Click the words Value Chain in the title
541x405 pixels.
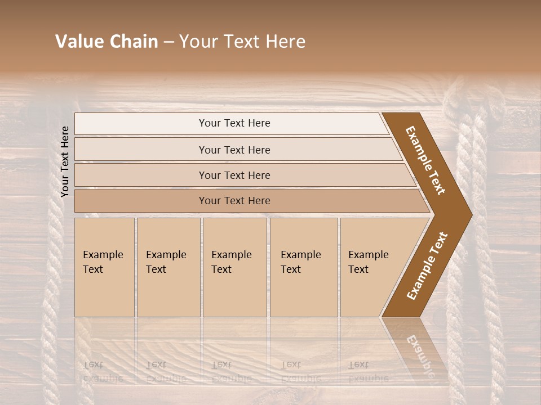(107, 42)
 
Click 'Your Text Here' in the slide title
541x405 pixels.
(242, 42)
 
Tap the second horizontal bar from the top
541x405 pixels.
(234, 150)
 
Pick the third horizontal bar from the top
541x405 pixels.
(234, 175)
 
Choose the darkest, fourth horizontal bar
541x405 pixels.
(234, 201)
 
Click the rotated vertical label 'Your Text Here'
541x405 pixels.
(65, 161)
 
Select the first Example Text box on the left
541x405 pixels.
(104, 267)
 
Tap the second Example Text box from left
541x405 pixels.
(168, 267)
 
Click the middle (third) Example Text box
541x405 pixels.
(234, 267)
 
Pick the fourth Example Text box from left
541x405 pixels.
(304, 267)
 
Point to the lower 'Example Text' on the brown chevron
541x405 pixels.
(427, 265)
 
